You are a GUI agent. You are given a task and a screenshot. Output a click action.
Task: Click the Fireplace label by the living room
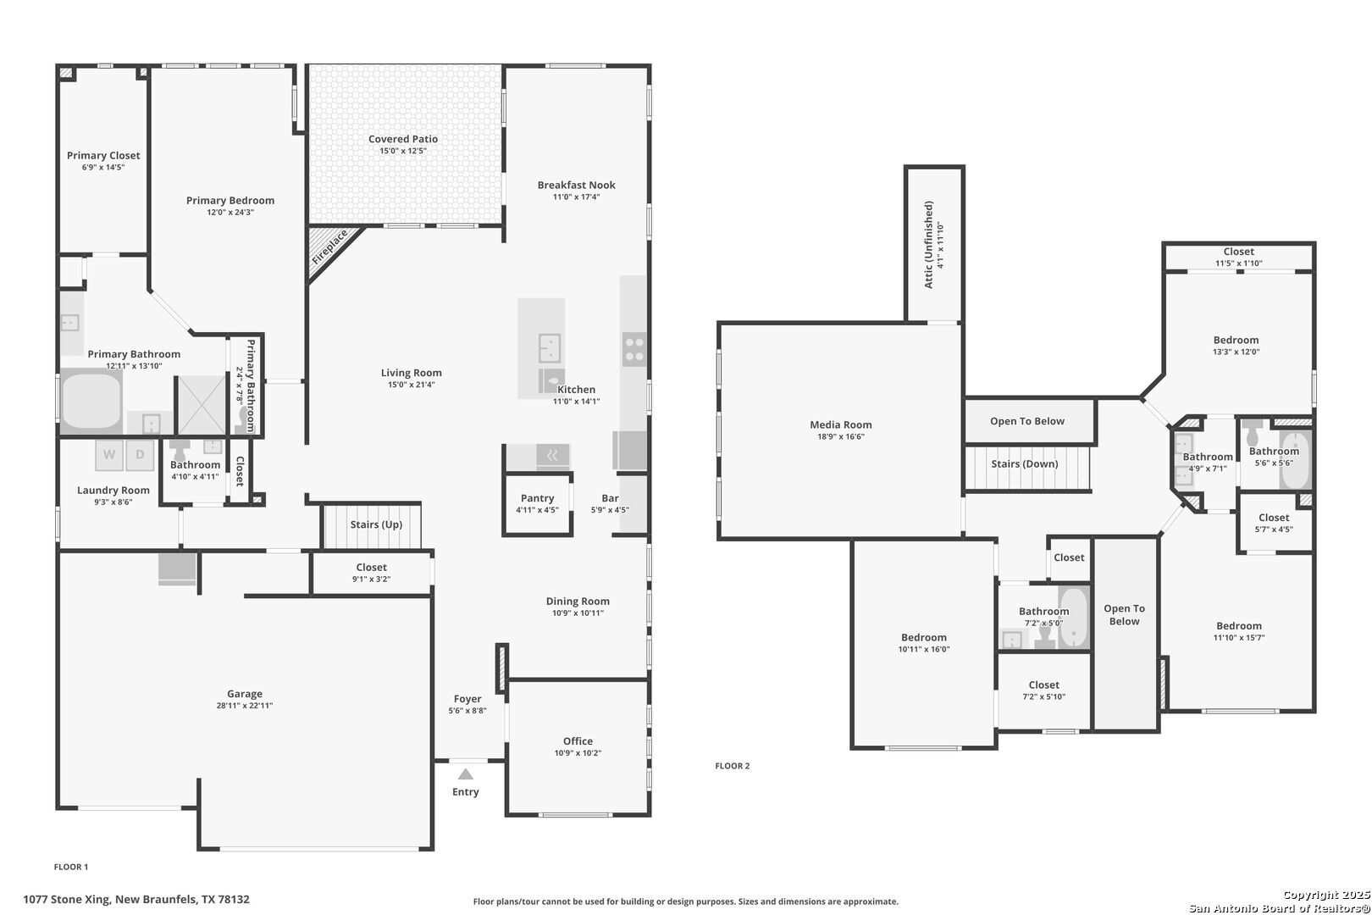point(329,247)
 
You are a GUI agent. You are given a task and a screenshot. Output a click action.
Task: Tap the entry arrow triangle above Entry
point(466,774)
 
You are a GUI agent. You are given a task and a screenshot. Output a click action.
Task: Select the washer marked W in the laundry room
point(109,455)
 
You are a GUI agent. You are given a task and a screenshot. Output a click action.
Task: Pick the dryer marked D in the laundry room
point(140,455)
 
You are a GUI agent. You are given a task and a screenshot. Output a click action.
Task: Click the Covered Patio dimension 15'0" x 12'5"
point(403,151)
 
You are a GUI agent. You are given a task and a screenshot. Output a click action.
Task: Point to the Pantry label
point(537,498)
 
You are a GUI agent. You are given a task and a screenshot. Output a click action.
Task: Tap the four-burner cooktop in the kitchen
point(634,349)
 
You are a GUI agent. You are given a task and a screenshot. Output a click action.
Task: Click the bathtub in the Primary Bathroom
point(91,401)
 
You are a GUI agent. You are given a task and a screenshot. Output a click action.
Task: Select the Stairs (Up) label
point(376,524)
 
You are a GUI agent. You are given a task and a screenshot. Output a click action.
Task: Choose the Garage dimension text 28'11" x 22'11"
point(245,706)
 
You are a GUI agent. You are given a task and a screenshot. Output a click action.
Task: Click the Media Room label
point(840,424)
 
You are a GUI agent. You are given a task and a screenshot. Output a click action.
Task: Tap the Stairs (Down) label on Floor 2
point(1025,464)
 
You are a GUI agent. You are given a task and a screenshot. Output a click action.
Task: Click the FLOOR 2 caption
point(733,765)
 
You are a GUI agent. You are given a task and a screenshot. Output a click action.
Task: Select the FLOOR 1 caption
point(71,867)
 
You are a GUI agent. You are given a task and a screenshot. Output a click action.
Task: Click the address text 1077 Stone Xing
point(67,900)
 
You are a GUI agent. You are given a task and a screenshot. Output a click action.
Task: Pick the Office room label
point(578,741)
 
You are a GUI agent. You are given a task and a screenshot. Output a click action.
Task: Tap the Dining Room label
point(578,602)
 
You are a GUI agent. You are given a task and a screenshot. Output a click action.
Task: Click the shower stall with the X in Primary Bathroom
point(202,404)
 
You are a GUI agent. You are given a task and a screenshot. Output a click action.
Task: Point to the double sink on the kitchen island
point(549,348)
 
